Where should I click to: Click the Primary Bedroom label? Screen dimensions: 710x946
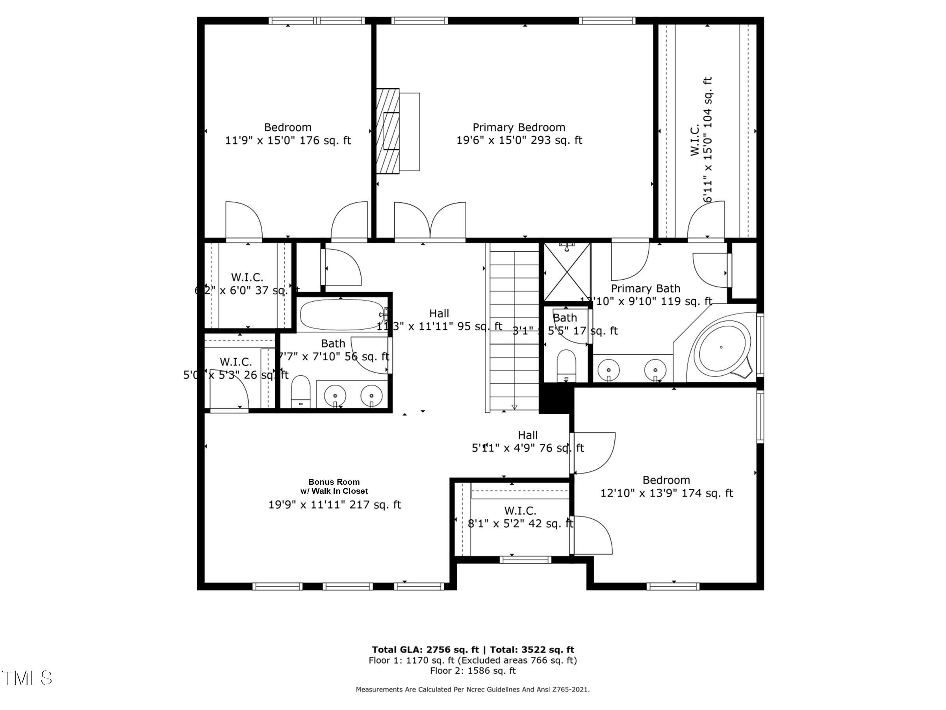tap(518, 128)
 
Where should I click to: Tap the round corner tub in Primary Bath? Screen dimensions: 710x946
tap(721, 347)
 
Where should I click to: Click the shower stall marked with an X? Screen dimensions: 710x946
tap(567, 273)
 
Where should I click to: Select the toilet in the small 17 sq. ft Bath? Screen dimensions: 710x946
tap(566, 364)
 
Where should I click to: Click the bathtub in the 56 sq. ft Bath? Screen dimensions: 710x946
tap(342, 315)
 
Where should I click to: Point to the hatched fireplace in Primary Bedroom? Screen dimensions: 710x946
tap(388, 131)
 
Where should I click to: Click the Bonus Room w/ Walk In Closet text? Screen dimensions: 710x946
tap(334, 486)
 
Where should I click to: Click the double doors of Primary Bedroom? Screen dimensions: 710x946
tap(430, 222)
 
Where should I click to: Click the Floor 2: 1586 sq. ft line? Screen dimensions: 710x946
tap(473, 671)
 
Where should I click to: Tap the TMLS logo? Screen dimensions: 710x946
tap(26, 678)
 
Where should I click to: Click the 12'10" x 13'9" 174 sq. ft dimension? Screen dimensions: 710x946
tap(666, 493)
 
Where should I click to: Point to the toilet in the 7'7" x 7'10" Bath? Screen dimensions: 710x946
tap(300, 390)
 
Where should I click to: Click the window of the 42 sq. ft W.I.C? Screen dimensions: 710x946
tap(525, 560)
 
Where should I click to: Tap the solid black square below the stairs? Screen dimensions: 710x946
tap(555, 398)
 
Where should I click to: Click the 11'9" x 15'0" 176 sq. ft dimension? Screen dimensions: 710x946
tap(288, 140)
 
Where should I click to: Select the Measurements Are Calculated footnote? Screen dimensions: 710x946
tap(473, 690)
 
